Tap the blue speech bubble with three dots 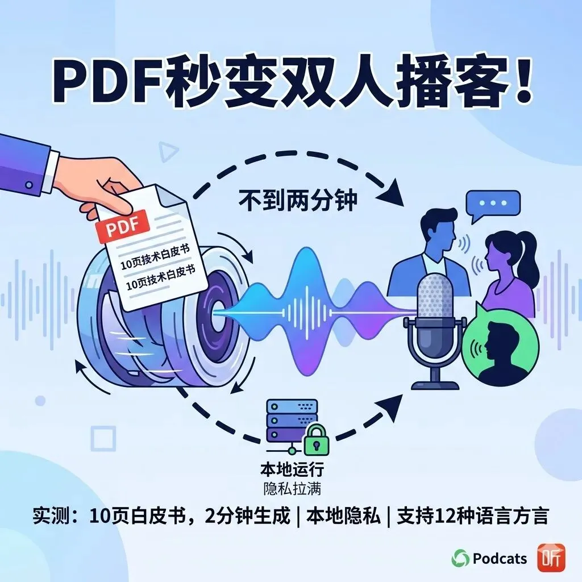pyautogui.click(x=492, y=206)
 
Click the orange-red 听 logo pyautogui.click(x=551, y=557)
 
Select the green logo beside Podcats pyautogui.click(x=460, y=559)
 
